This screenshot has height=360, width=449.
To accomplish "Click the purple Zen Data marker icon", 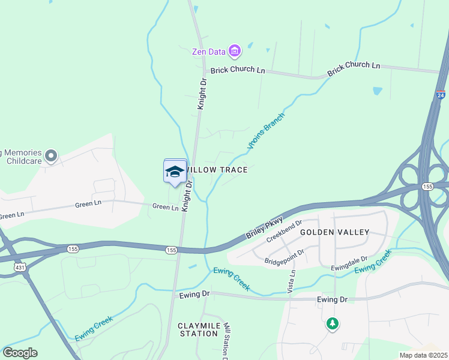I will pyautogui.click(x=234, y=51).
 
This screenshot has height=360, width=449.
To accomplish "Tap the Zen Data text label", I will pyautogui.click(x=208, y=52).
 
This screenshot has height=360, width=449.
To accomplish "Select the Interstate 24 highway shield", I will pyautogui.click(x=441, y=95).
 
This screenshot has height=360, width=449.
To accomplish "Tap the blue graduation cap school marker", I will pyautogui.click(x=175, y=172).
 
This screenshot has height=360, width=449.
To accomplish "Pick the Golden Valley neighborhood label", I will pyautogui.click(x=335, y=232).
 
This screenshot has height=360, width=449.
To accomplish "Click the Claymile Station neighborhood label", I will pyautogui.click(x=197, y=329).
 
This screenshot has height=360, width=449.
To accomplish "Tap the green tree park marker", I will pyautogui.click(x=332, y=325).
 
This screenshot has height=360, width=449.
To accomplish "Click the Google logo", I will pyautogui.click(x=20, y=353).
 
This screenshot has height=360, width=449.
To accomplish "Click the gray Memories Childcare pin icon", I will pyautogui.click(x=51, y=157).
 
